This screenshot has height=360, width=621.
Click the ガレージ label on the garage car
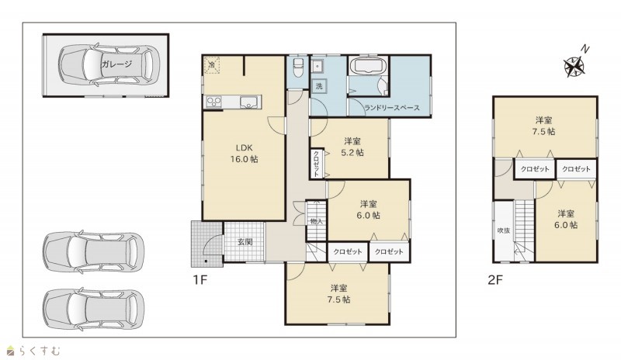(x=116, y=64)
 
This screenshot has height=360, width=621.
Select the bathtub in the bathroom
(x=369, y=66)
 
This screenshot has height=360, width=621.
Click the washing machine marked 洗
(x=319, y=86)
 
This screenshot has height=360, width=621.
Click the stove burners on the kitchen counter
(x=214, y=102)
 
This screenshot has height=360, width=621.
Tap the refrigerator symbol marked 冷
(x=212, y=64)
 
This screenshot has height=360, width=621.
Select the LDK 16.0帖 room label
(x=245, y=154)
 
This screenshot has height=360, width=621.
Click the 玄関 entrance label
(x=245, y=241)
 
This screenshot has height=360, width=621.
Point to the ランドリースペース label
(x=392, y=108)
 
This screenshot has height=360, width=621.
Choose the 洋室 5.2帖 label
(x=352, y=147)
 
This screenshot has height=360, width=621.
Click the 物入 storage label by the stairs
(x=317, y=221)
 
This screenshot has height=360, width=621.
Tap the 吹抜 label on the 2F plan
(x=503, y=230)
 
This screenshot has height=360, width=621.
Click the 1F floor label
(x=200, y=280)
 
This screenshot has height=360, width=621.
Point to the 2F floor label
(x=495, y=280)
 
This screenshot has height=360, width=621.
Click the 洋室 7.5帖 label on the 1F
(x=339, y=294)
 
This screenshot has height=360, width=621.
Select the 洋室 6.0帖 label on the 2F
(x=566, y=220)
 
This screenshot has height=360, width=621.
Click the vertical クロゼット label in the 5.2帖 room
(x=317, y=164)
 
